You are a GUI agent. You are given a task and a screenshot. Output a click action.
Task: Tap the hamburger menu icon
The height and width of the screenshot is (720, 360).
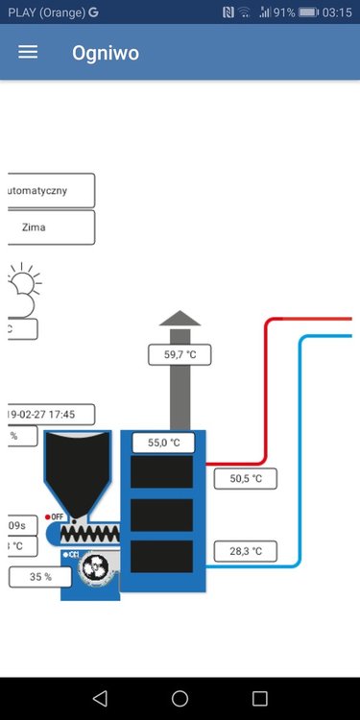(x=28, y=53)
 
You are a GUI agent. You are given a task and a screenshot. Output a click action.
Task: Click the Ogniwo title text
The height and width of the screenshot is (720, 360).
(x=106, y=53)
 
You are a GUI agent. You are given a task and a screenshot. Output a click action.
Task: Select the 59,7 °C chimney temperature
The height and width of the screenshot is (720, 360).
(x=180, y=355)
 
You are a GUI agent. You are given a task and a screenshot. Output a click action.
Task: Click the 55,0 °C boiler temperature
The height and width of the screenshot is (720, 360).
(x=163, y=443)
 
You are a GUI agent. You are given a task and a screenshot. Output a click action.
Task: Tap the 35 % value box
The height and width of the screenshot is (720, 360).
(x=41, y=577)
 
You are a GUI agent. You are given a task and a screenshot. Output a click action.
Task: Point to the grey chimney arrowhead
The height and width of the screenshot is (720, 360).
(x=180, y=319)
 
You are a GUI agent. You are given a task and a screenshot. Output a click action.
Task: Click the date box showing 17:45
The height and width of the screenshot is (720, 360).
(x=50, y=414)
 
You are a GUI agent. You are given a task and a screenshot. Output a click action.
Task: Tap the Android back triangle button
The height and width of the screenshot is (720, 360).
(x=100, y=698)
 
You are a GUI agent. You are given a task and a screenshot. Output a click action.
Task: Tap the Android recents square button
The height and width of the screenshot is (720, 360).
(x=259, y=698)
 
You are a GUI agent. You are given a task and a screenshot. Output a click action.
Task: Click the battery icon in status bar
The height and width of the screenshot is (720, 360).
(x=308, y=12)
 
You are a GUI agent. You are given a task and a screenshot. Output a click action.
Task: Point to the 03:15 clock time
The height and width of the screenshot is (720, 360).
(x=338, y=12)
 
